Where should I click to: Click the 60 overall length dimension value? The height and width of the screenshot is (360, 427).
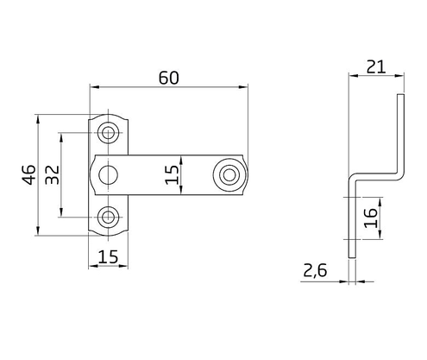click(x=168, y=77)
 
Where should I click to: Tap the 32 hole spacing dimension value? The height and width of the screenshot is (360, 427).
click(x=51, y=175)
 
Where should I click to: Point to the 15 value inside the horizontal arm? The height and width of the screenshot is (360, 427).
click(x=174, y=175)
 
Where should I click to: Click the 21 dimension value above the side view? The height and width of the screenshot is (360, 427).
click(x=374, y=65)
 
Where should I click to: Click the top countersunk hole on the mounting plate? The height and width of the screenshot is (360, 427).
click(x=109, y=132)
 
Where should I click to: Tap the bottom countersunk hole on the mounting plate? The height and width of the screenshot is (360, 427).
click(x=109, y=218)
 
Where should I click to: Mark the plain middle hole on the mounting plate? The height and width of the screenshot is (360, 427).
click(x=109, y=175)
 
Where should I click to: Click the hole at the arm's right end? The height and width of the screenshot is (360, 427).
click(x=229, y=175)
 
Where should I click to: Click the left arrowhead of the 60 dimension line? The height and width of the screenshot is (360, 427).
click(x=94, y=87)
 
